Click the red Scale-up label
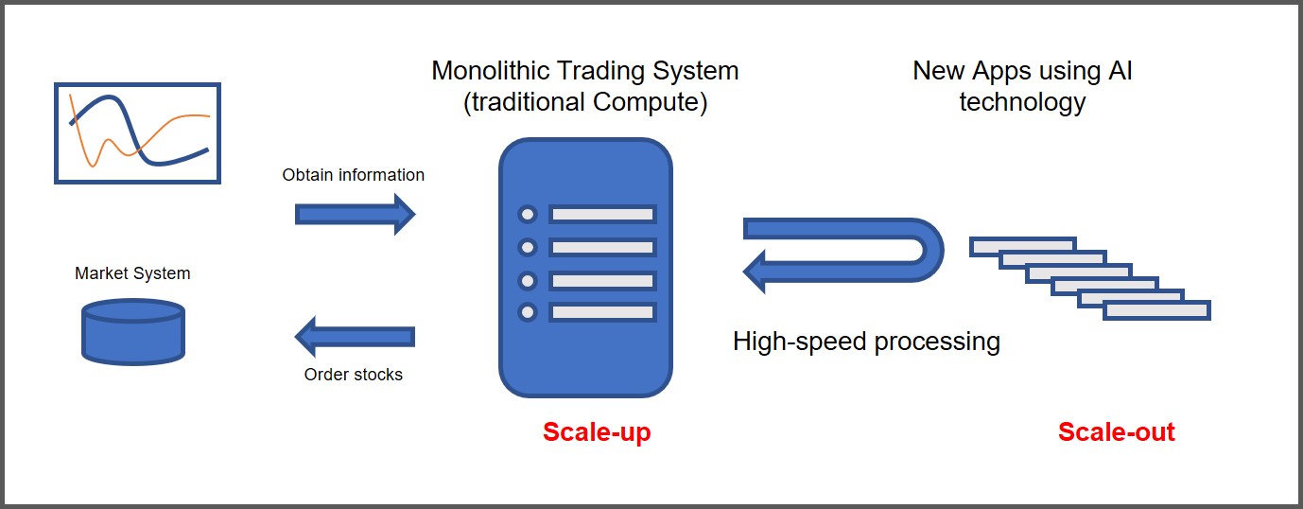tap(597, 432)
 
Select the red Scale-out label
tap(1116, 432)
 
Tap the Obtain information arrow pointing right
tap(355, 214)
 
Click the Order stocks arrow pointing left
tap(355, 336)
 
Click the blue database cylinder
tap(133, 331)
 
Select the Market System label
tap(132, 273)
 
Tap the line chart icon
tap(138, 133)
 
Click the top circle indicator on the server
tap(528, 215)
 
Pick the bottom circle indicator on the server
tap(528, 312)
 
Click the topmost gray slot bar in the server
tap(602, 215)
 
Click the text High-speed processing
tap(866, 341)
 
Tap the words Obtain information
tap(353, 175)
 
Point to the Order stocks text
tap(353, 375)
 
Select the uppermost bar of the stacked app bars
tap(1021, 246)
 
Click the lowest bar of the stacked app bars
tap(1156, 310)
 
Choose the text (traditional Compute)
tap(585, 102)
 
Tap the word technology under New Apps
tap(1022, 102)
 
